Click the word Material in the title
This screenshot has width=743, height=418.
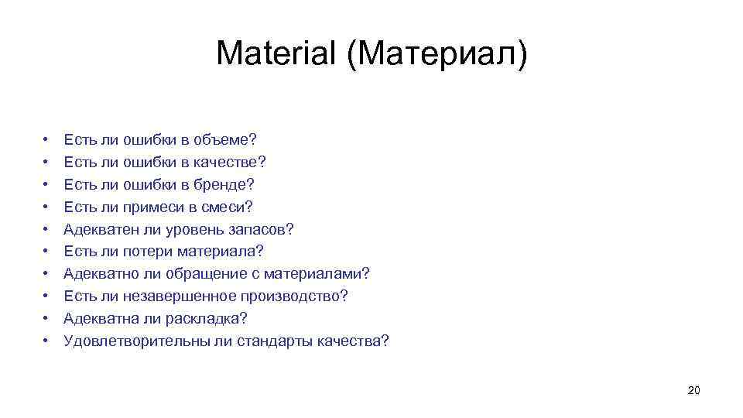point(276,53)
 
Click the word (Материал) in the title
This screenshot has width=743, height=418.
point(437,53)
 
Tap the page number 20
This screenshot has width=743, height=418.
point(693,390)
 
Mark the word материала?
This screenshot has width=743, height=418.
point(221,252)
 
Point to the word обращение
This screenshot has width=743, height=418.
point(213,274)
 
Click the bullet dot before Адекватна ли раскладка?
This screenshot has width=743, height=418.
point(46,319)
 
